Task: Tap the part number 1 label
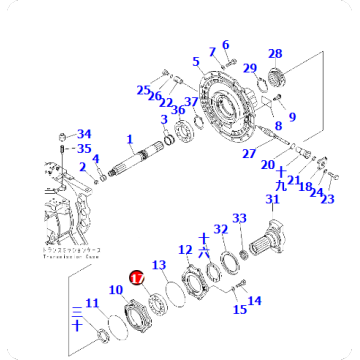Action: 130,140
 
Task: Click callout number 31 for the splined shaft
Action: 271,200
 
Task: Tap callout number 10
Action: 116,290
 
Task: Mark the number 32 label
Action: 222,230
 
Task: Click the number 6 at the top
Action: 225,44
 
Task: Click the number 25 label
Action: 144,90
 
